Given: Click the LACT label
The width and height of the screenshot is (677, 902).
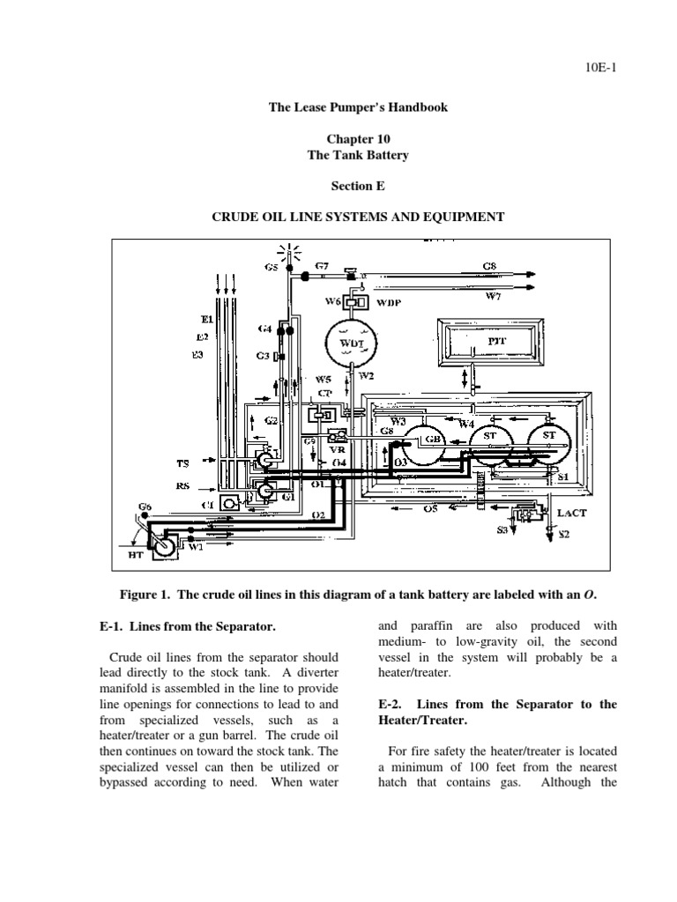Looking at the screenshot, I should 569,511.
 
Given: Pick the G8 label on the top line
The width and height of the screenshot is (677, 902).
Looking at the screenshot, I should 488,264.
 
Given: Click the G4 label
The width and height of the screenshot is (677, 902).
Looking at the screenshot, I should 264,329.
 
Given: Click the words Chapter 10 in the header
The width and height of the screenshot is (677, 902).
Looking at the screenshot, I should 358,138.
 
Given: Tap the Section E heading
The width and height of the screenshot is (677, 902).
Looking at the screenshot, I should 358,186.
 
